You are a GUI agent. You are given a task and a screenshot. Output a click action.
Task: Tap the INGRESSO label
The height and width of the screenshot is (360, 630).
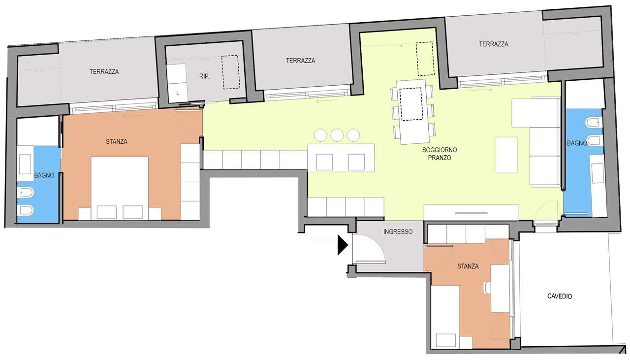[398, 231]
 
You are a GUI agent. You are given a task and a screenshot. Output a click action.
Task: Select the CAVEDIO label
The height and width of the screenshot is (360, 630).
[560, 296]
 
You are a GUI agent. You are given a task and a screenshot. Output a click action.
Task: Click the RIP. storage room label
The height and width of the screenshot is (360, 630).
[204, 76]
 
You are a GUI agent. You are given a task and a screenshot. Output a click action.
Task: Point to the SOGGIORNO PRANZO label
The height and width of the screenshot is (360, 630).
[440, 154]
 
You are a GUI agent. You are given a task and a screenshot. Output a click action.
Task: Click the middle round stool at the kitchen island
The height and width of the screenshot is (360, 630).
[337, 135]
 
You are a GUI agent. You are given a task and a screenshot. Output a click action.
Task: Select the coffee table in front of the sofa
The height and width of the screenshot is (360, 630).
[506, 155]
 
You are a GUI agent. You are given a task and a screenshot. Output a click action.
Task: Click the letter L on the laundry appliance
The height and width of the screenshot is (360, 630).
[178, 93]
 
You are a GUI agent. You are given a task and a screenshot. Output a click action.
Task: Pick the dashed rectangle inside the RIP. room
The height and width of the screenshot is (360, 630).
[231, 72]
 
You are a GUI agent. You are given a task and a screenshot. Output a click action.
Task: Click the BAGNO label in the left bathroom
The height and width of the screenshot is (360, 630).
[44, 175]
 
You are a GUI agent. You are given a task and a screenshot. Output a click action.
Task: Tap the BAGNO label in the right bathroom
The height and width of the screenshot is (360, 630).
[577, 143]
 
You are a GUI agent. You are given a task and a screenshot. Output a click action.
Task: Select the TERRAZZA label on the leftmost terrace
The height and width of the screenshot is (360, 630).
[104, 72]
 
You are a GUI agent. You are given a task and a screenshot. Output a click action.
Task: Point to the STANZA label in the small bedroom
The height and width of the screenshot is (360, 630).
[468, 266]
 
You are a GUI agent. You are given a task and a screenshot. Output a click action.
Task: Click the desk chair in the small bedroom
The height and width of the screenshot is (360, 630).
[487, 288]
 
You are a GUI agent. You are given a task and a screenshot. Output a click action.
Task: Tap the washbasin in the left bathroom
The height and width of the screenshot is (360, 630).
[25, 164]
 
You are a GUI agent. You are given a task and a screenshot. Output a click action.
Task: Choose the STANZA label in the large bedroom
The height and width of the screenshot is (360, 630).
[117, 141]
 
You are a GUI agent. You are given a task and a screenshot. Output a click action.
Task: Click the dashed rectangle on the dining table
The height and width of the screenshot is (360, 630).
[411, 104]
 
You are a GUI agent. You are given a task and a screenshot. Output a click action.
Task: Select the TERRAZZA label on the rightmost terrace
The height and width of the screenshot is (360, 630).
[494, 44]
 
